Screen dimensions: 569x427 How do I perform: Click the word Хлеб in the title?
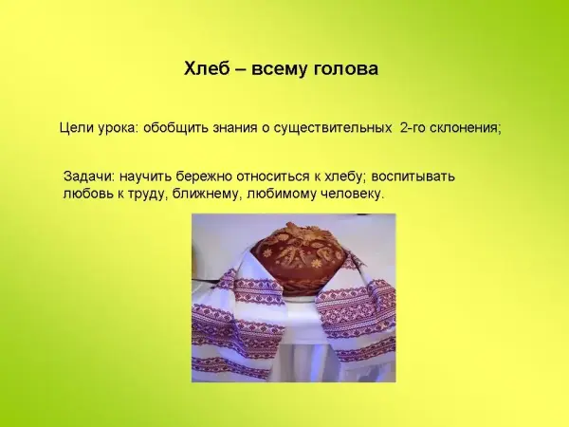click(207, 68)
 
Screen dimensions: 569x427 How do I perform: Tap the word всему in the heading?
click(276, 69)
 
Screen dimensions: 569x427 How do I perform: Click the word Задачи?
click(89, 176)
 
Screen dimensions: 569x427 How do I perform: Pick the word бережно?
click(204, 176)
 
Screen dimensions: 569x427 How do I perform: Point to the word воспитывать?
click(413, 176)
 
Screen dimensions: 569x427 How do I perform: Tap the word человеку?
click(352, 194)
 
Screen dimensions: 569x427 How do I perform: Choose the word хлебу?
click(345, 176)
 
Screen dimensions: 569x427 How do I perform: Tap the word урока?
click(118, 129)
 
